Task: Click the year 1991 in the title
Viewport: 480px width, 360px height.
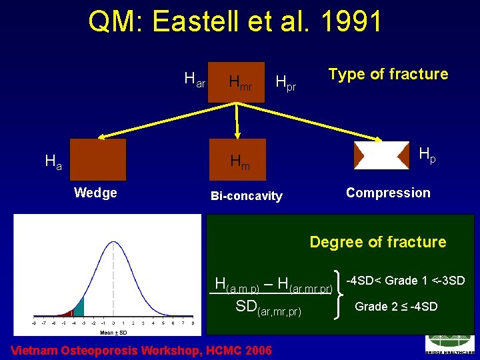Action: [x=351, y=22]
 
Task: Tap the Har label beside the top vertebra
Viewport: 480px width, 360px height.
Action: [x=195, y=81]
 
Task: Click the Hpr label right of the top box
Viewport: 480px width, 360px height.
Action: [x=285, y=82]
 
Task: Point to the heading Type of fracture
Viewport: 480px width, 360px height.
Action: [x=388, y=74]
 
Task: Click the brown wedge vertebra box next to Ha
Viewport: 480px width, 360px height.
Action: [x=98, y=160]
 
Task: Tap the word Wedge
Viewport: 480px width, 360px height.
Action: [x=95, y=193]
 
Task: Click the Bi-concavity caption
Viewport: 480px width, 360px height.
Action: [x=246, y=196]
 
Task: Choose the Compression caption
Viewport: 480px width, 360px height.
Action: [x=388, y=193]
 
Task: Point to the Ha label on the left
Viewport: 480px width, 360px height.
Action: [x=53, y=161]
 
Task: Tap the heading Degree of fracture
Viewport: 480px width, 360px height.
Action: [x=377, y=242]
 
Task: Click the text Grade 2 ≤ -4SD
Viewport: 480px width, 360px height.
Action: [x=396, y=307]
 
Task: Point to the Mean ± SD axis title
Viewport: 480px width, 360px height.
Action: [x=113, y=331]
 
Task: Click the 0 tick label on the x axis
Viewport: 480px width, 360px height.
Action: [x=113, y=323]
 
